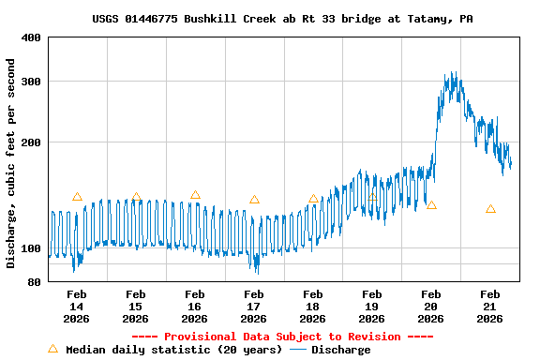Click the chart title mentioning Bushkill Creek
pos(282,19)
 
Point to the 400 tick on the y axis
pos(31,37)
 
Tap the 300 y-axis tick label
pos(31,82)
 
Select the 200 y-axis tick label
pos(31,142)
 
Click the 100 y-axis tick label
pos(31,248)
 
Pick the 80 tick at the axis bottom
pos(34,282)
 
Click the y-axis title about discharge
pos(11,163)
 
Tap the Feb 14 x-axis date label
pos(76,307)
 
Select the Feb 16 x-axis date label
pos(194,307)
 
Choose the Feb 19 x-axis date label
pos(371,307)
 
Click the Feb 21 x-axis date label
pos(489,307)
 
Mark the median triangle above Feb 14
pos(77,197)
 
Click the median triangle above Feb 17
pos(254,200)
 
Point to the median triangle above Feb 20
pos(431,204)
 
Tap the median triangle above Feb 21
pos(490,209)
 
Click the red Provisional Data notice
pos(282,337)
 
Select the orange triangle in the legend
pos(52,349)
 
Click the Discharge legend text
pos(340,350)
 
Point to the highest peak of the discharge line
pos(454,73)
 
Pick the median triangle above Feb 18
pos(313,199)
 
